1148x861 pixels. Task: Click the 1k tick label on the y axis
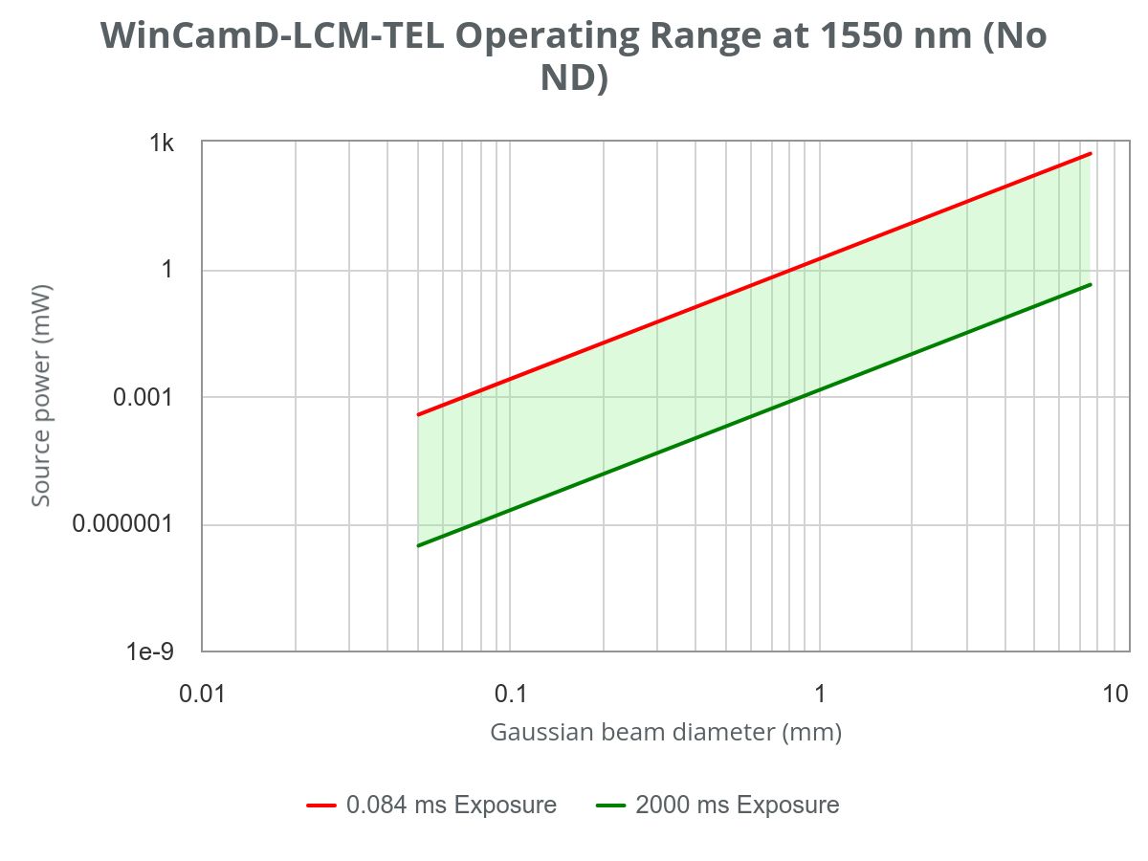pos(160,143)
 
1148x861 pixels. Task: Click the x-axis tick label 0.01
pos(202,693)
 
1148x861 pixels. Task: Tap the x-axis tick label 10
pos(1115,693)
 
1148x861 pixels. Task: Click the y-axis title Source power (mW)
pos(41,396)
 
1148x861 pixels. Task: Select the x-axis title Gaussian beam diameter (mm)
pos(666,733)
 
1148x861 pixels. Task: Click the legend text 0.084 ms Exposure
pos(452,806)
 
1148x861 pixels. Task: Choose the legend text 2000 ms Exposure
pos(737,806)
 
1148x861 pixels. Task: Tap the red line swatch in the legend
pos(321,806)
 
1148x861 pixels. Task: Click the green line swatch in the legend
pos(610,806)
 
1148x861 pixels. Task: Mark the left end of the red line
pos(418,414)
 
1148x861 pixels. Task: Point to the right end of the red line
pos(1090,153)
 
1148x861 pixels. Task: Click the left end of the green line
pos(418,545)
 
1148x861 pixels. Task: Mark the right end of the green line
pos(1090,284)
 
